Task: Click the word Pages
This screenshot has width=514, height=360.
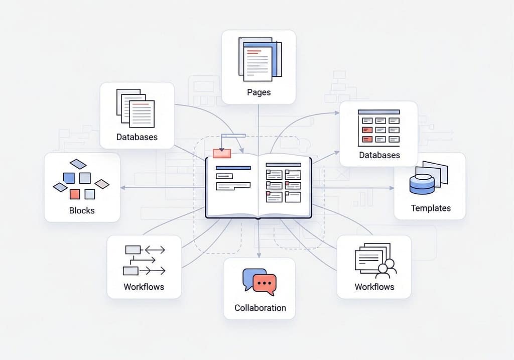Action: point(259,92)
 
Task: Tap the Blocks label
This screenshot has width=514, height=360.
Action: point(82,210)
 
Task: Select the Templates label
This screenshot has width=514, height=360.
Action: point(431,208)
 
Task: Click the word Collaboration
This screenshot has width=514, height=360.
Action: point(260,308)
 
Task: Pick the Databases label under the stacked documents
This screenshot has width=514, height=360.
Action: point(137,137)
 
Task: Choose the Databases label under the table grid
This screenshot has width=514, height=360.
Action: point(379,155)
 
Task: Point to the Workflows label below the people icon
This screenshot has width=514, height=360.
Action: point(374,287)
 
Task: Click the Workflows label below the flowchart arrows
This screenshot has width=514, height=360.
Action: point(144,287)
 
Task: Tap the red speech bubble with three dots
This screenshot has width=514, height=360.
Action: point(264,284)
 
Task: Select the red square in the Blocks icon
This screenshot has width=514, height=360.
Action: point(75,194)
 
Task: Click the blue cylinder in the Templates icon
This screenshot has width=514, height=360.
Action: point(421,184)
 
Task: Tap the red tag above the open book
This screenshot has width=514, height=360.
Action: point(221,153)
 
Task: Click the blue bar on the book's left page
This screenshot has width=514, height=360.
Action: point(232,168)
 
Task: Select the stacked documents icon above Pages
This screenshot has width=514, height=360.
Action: point(260,59)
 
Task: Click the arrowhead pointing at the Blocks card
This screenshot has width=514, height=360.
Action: point(122,188)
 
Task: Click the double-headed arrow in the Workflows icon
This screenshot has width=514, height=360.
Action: point(155,249)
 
